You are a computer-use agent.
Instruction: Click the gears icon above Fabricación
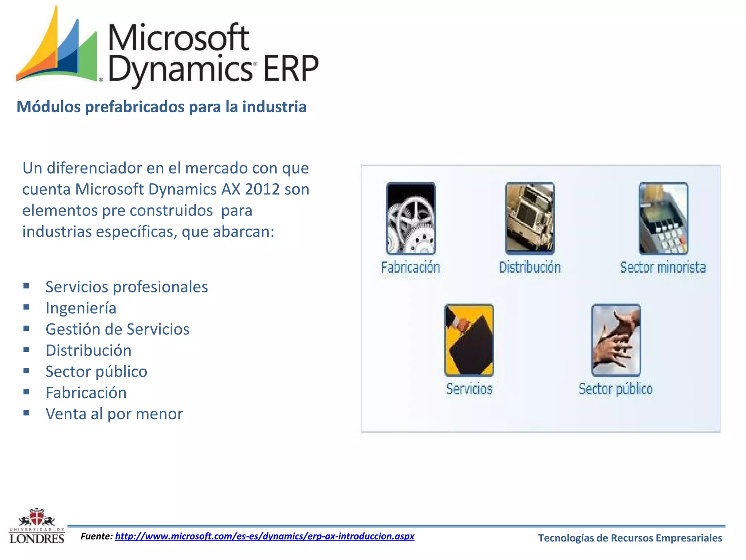coord(411,218)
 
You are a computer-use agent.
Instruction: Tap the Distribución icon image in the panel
coord(530,218)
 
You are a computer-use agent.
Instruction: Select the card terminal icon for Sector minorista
coord(663,218)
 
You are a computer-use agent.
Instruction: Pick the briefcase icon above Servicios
coord(469,340)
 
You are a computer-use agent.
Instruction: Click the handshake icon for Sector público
coord(616,340)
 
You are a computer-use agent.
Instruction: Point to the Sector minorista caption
coord(663,268)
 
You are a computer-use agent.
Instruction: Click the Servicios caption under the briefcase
coord(469,389)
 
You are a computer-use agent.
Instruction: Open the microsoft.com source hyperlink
coord(265,536)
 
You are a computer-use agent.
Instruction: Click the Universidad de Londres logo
coord(37,526)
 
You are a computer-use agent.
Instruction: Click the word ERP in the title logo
coord(291,69)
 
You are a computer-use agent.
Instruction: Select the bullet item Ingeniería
coord(81,308)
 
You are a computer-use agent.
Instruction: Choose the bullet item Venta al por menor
coord(114,414)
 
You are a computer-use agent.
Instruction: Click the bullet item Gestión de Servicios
coord(117,329)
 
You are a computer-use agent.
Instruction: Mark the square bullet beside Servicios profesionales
coord(26,286)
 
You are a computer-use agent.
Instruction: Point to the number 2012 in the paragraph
coord(262,189)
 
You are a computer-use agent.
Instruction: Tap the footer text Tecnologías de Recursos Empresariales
coord(630,538)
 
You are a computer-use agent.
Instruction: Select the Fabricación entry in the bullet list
coord(86,393)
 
